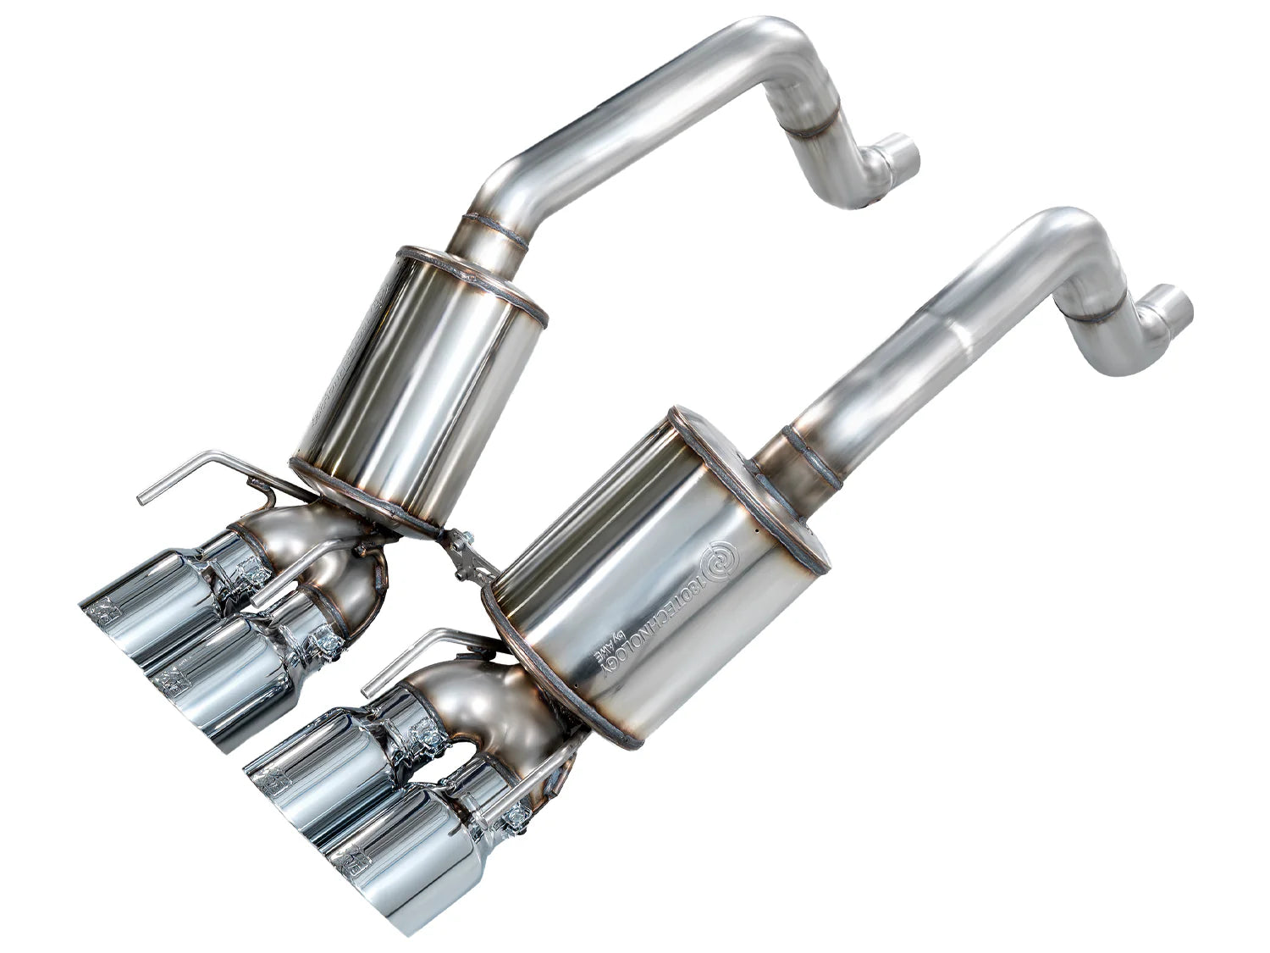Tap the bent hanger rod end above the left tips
[146, 490]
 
